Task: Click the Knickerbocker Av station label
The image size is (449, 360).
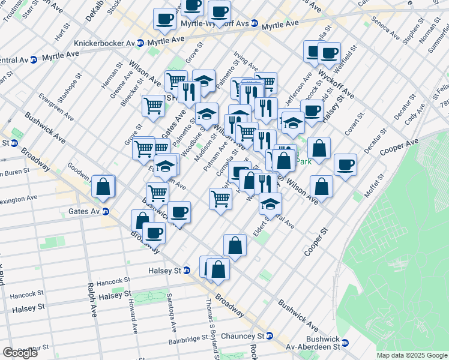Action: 104,43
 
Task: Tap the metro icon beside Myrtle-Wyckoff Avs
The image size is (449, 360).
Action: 255,23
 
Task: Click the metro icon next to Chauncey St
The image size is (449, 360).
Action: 270,336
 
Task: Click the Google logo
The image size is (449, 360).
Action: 20,352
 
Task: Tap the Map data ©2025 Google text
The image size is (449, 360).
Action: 412,355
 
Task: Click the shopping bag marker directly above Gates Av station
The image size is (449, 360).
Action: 103,187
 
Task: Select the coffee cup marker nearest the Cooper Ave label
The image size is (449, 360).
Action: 345,164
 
